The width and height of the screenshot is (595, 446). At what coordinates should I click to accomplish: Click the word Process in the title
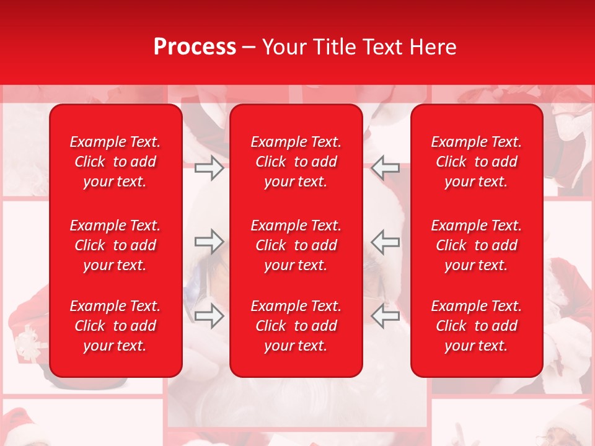195,47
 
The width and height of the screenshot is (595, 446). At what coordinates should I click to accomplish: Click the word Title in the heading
335,47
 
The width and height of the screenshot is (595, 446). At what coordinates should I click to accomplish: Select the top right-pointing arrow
209,168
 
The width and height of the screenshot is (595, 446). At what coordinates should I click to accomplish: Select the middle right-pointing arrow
209,242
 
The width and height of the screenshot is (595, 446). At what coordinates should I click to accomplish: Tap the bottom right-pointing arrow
209,316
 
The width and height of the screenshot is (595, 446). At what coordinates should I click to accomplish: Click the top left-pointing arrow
386,168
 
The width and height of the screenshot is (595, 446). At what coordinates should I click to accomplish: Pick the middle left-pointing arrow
386,242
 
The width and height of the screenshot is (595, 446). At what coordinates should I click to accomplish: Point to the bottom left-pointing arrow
386,316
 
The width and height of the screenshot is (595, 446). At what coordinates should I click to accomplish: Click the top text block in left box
115,162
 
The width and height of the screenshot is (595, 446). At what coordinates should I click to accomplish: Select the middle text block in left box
115,245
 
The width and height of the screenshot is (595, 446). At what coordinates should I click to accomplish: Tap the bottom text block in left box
115,326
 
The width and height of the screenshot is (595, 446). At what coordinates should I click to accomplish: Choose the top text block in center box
296,162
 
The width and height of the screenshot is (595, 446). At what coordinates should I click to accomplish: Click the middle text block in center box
296,245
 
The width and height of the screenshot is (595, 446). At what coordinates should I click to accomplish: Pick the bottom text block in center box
296,326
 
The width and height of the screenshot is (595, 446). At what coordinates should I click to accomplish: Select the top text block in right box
476,162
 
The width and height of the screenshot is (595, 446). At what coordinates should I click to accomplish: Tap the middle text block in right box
476,245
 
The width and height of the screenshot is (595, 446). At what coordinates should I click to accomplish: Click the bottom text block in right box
476,326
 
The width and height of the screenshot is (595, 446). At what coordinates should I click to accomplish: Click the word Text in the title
382,47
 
